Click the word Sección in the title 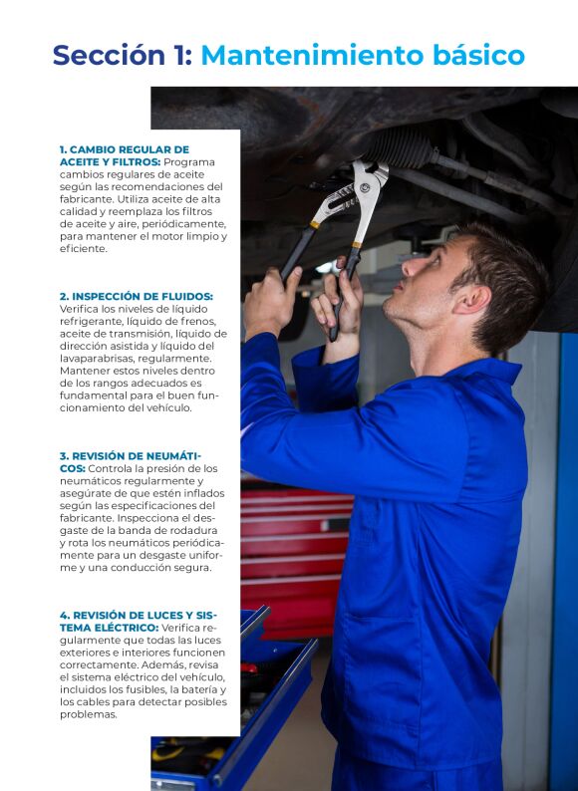[x=109, y=55]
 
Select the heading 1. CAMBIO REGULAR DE [x=125, y=149]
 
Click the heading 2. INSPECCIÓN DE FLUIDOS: [x=137, y=296]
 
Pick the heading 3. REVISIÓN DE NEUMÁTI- [x=131, y=456]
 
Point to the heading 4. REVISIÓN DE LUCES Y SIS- [x=138, y=616]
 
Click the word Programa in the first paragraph [x=189, y=162]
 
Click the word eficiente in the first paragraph [x=84, y=248]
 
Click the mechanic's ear [x=472, y=299]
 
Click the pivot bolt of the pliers [x=364, y=187]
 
